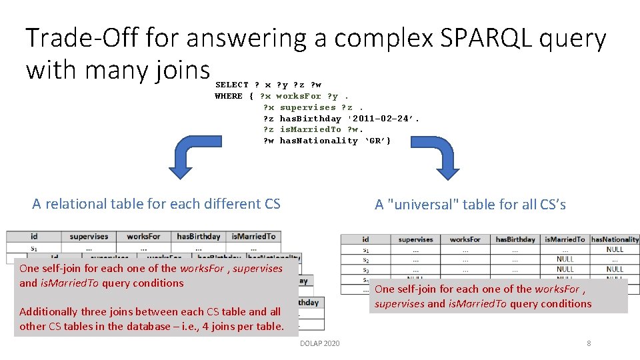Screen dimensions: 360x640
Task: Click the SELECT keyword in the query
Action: point(231,85)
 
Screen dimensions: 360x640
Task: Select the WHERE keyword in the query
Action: point(229,96)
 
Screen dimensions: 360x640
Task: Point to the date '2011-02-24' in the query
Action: point(383,119)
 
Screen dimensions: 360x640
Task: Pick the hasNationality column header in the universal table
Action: point(615,239)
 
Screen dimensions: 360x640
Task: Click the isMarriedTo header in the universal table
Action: point(564,239)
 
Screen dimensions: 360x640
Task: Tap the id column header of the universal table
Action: point(365,239)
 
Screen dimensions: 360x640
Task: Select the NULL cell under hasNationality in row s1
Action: point(615,249)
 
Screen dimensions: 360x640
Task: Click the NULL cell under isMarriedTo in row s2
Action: point(565,259)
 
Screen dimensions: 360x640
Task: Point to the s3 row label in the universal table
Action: point(365,269)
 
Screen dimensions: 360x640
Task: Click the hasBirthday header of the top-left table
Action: point(198,237)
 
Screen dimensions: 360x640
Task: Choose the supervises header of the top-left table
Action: point(89,237)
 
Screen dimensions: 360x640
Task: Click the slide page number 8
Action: point(589,343)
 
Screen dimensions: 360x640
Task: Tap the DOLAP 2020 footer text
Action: point(319,343)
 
